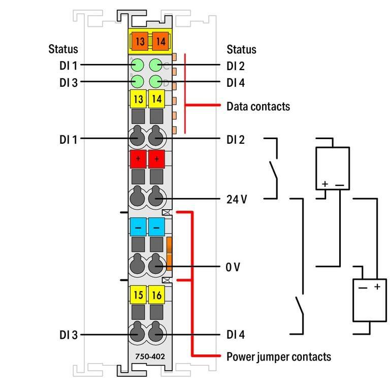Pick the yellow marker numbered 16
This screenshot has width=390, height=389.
click(156, 294)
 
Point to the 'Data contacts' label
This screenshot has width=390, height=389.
click(258, 106)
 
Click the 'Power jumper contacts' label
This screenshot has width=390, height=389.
click(278, 356)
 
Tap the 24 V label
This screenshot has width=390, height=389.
click(237, 199)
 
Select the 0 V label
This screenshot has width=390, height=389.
click(233, 267)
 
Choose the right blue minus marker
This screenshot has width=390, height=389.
click(156, 226)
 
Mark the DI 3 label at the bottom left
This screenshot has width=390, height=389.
click(68, 335)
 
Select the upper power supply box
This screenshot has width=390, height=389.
click(332, 169)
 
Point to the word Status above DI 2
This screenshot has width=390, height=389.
click(241, 49)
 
